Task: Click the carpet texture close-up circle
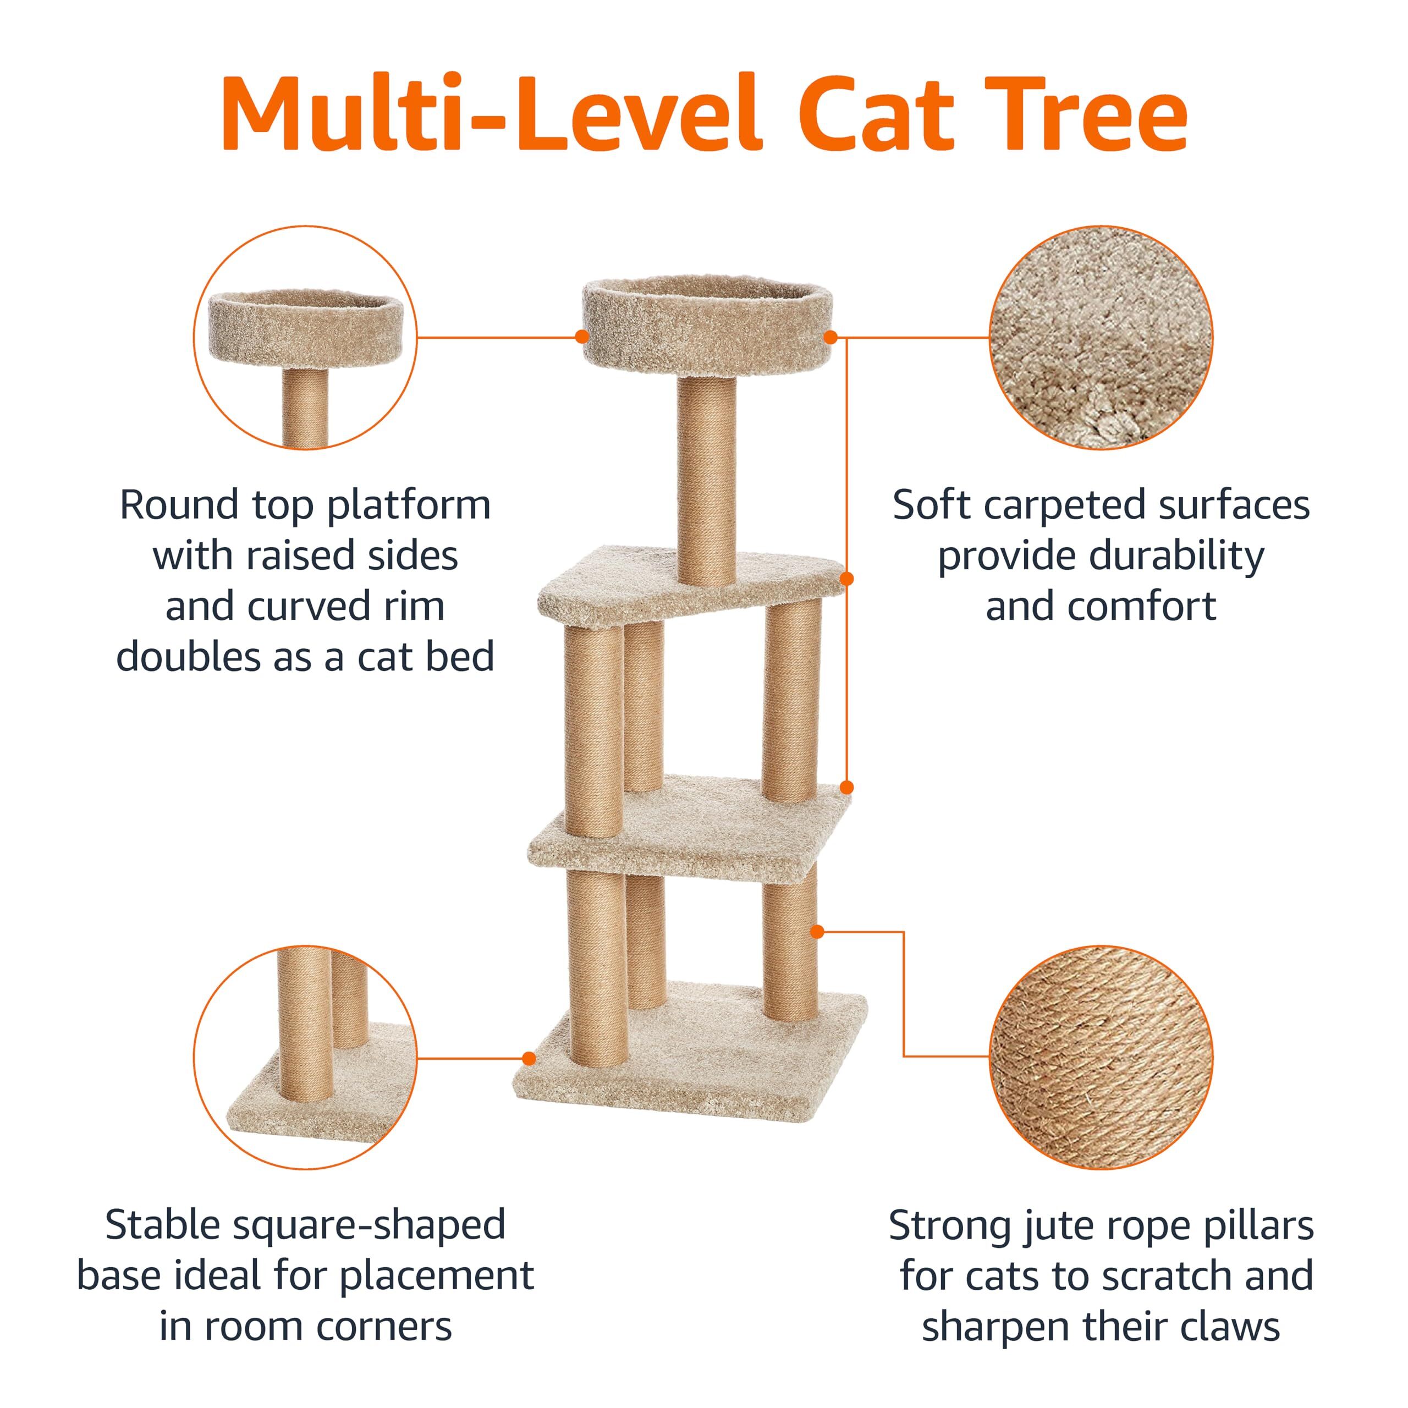[1101, 337]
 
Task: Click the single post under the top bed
[706, 481]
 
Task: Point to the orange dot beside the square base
[530, 1058]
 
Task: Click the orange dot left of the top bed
[581, 337]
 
